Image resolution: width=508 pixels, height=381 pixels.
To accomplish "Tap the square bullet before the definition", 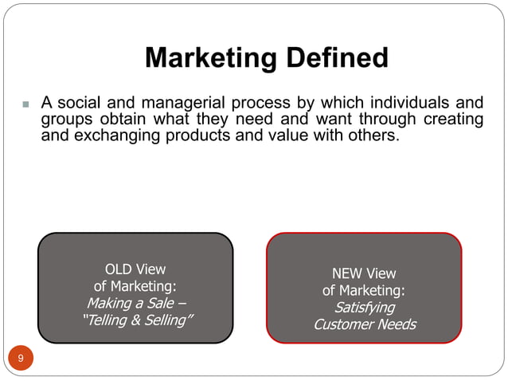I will [x=25, y=104].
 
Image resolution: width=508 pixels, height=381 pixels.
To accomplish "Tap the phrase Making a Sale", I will [x=135, y=304].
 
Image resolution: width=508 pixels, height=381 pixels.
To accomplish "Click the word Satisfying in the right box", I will [x=365, y=308].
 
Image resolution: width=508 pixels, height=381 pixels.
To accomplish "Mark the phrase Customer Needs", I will [x=364, y=324].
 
